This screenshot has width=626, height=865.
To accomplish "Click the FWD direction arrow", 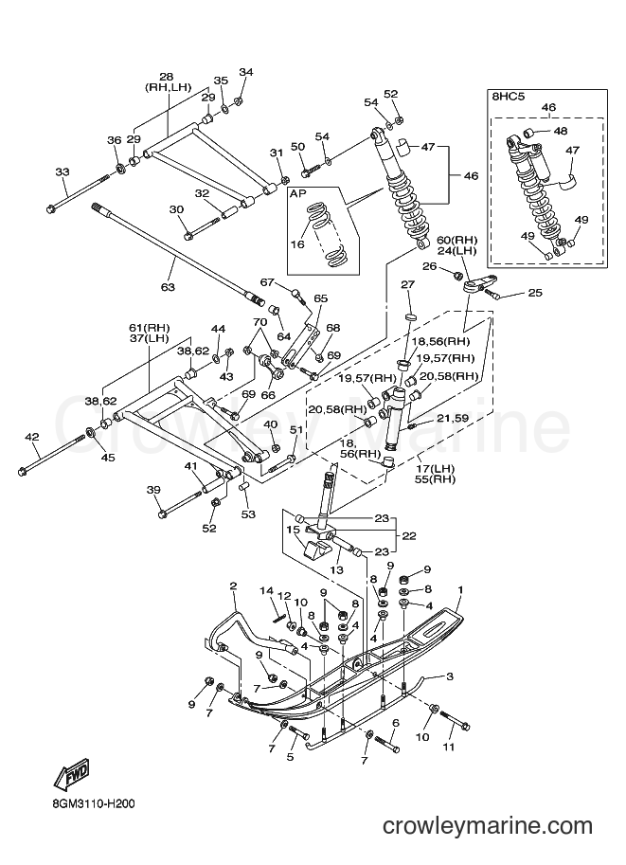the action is point(71,774).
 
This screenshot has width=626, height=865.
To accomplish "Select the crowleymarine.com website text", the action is point(488,826).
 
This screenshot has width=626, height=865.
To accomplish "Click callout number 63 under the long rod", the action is point(168,287).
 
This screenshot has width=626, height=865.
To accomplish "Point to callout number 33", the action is point(63,171).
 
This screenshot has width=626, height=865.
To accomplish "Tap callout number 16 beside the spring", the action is point(297,243).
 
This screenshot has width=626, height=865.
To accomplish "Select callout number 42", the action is point(32,437).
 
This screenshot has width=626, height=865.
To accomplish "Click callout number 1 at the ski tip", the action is point(460,590).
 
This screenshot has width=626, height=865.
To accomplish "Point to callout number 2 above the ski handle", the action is point(233,586).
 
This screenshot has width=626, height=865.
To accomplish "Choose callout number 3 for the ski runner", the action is point(450,676).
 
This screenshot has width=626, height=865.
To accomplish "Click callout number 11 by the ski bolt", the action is point(449,747).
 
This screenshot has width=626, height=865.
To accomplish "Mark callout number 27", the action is point(407,284).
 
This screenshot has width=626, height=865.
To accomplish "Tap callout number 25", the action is point(535,293).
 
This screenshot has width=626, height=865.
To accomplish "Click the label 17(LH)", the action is point(435,469).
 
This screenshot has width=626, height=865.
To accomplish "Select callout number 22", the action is point(409,535).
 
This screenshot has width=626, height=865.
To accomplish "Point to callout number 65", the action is point(320,298).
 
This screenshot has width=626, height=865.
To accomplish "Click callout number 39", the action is point(153,490).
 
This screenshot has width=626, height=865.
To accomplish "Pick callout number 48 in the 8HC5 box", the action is point(561,131).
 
